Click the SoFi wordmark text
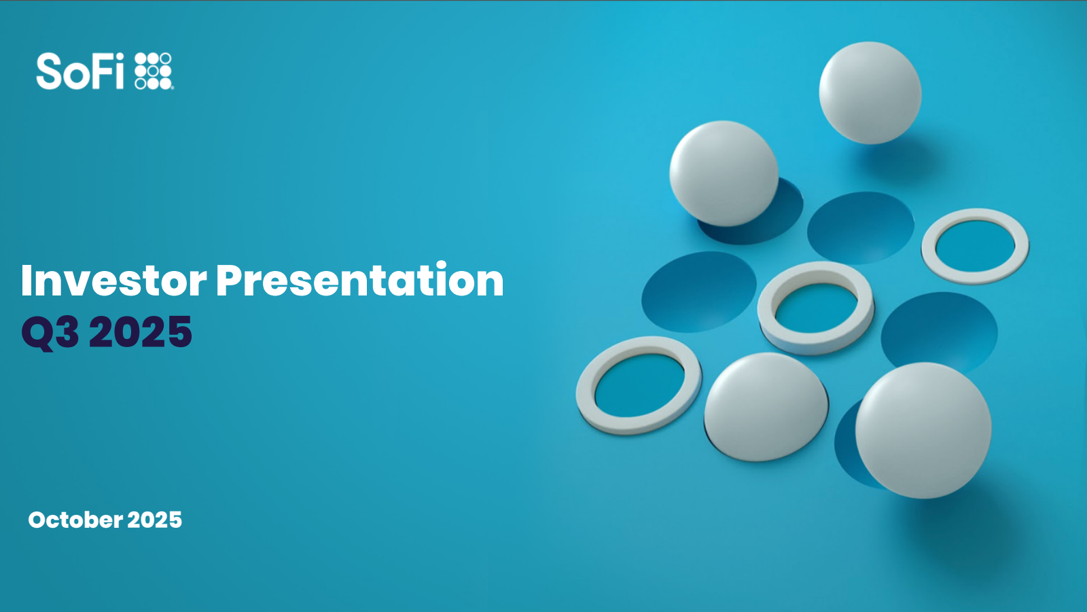point(80,71)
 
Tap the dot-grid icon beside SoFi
point(154,71)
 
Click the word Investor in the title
point(113,281)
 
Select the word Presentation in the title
point(359,280)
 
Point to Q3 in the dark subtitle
point(50,332)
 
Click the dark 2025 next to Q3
point(141,331)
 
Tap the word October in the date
point(75,520)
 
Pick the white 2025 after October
point(154,520)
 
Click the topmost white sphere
point(870,92)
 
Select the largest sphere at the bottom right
point(923,431)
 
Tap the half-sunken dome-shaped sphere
point(766,407)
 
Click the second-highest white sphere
point(724,173)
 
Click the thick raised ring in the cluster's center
point(816,272)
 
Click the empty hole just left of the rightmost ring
point(860,228)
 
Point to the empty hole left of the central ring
point(699,291)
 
